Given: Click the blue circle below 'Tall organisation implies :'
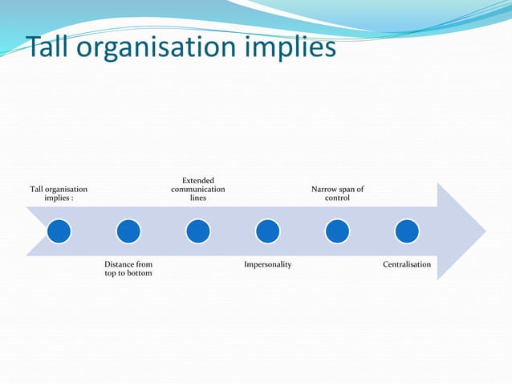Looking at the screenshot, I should (x=59, y=231).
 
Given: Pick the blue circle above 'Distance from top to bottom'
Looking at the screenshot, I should (x=128, y=231).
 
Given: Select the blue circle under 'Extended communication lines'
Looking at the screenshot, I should (x=198, y=231).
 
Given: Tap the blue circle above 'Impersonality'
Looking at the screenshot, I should (x=268, y=231).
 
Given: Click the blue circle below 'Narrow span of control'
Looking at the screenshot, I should (x=337, y=231).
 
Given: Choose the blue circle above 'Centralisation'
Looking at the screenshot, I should (x=407, y=231).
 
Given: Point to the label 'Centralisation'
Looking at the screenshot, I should (x=407, y=264).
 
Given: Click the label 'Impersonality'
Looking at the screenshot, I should (x=268, y=264).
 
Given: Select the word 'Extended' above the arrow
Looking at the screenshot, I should (x=198, y=180).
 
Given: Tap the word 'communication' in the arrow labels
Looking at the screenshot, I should (x=198, y=189).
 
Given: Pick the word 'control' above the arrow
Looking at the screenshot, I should (x=337, y=198).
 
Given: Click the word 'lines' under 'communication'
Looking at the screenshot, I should (x=198, y=198).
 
